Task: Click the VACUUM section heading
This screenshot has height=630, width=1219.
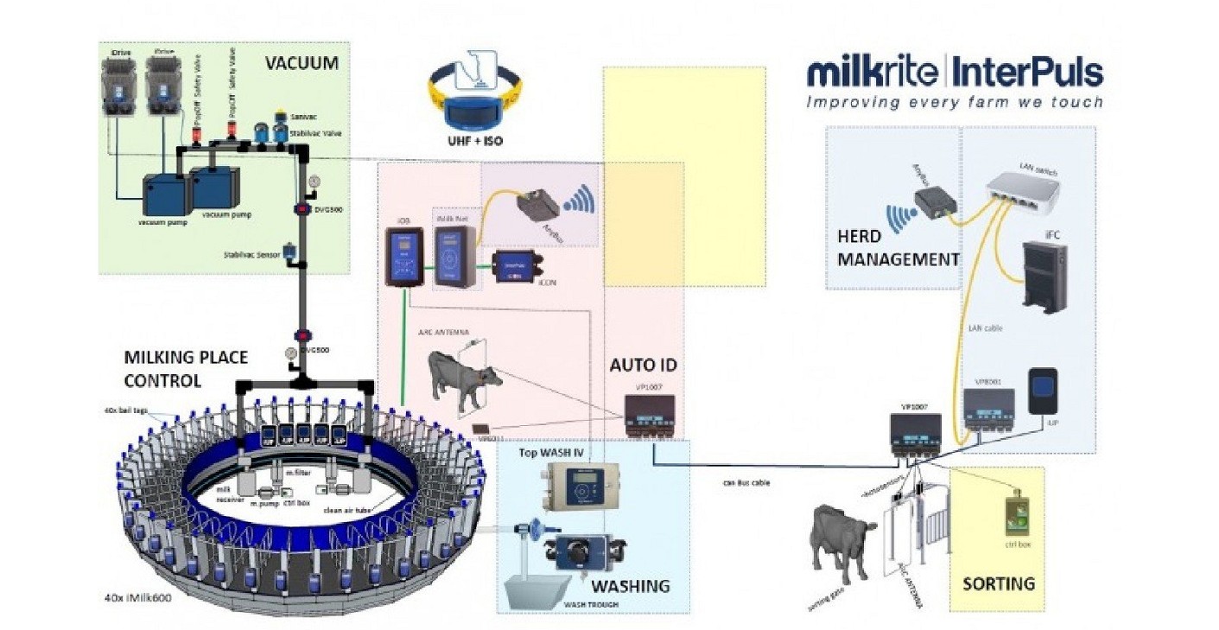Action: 301,63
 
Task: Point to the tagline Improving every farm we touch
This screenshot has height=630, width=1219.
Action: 954,102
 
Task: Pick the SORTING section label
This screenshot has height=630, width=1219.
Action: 999,584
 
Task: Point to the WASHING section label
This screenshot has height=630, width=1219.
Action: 632,586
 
